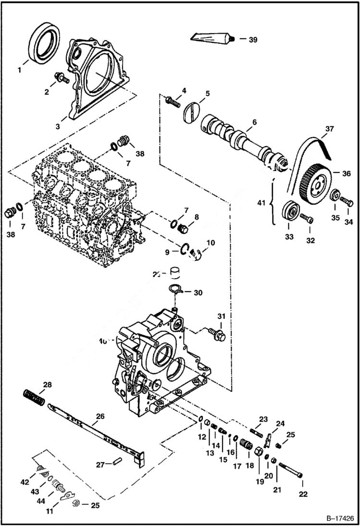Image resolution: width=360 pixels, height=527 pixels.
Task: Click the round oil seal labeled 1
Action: [x=44, y=42]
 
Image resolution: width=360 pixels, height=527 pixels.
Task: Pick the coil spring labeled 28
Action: [x=35, y=398]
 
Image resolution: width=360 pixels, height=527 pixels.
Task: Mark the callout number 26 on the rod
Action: [x=98, y=417]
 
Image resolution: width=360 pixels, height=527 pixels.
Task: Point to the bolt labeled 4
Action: [x=172, y=101]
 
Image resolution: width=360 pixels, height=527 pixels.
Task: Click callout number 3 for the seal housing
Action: [x=57, y=127]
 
